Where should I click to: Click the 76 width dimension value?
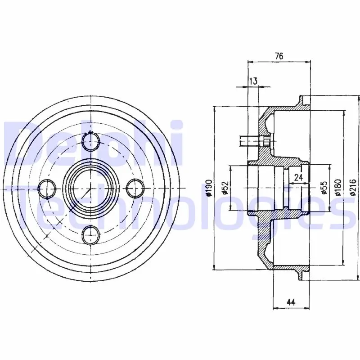pyautogui.click(x=279, y=56)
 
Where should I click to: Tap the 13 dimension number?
pyautogui.click(x=253, y=81)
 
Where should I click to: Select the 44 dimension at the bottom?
pyautogui.click(x=291, y=302)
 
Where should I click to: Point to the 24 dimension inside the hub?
pyautogui.click(x=298, y=177)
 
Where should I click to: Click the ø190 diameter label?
pyautogui.click(x=209, y=188)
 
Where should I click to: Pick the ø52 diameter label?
pyautogui.click(x=225, y=188)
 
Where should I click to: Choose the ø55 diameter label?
pyautogui.click(x=324, y=188)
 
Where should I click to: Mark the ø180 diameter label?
pyautogui.click(x=338, y=188)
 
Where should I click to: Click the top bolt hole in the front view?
pyautogui.click(x=91, y=141)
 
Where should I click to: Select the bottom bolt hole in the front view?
pyautogui.click(x=91, y=235)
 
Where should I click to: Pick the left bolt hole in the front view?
pyautogui.click(x=47, y=188)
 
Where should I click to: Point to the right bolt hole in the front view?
pyautogui.click(x=135, y=188)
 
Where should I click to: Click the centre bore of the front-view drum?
pyautogui.click(x=91, y=188)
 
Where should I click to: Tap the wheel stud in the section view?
pyautogui.click(x=254, y=141)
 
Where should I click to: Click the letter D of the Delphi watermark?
pyautogui.click(x=25, y=143)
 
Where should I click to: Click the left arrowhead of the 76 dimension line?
pyautogui.click(x=250, y=62)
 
